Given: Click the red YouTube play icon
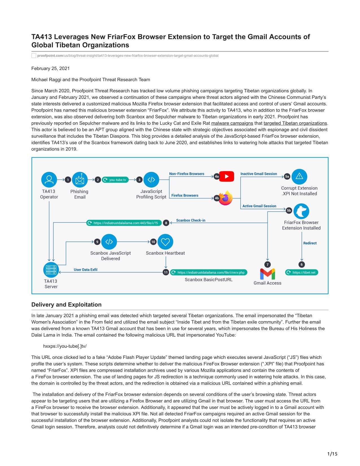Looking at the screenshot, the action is coord(226,176).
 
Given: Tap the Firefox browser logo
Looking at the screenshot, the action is coord(225,198).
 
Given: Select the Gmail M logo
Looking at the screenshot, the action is coord(267,274).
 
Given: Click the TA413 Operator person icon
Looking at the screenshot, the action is coord(49,180).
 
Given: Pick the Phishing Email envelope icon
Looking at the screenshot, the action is coord(80,180).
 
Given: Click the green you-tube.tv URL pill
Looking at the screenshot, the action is coord(115,180).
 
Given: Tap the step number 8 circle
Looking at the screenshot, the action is coord(166,223).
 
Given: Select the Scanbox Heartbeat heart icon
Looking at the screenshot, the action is coord(165,242).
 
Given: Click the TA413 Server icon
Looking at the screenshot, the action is coord(51,269).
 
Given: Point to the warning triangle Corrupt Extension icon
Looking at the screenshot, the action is coord(299,177).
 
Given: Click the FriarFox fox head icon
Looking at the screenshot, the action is coord(301,211).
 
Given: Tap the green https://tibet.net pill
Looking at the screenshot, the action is coord(302,272).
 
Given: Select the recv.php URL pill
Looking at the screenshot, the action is coord(209,272).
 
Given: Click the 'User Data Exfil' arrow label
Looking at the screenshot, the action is coord(86,269).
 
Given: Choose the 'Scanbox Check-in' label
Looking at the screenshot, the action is coord(191,220).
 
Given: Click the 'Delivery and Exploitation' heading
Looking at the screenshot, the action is coord(66,304).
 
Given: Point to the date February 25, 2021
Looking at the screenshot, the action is coord(50,68).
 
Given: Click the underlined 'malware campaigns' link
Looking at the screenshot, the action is coord(232,123).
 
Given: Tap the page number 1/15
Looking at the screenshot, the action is coord(332,454).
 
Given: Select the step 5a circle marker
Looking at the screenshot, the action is coord(287,177).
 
